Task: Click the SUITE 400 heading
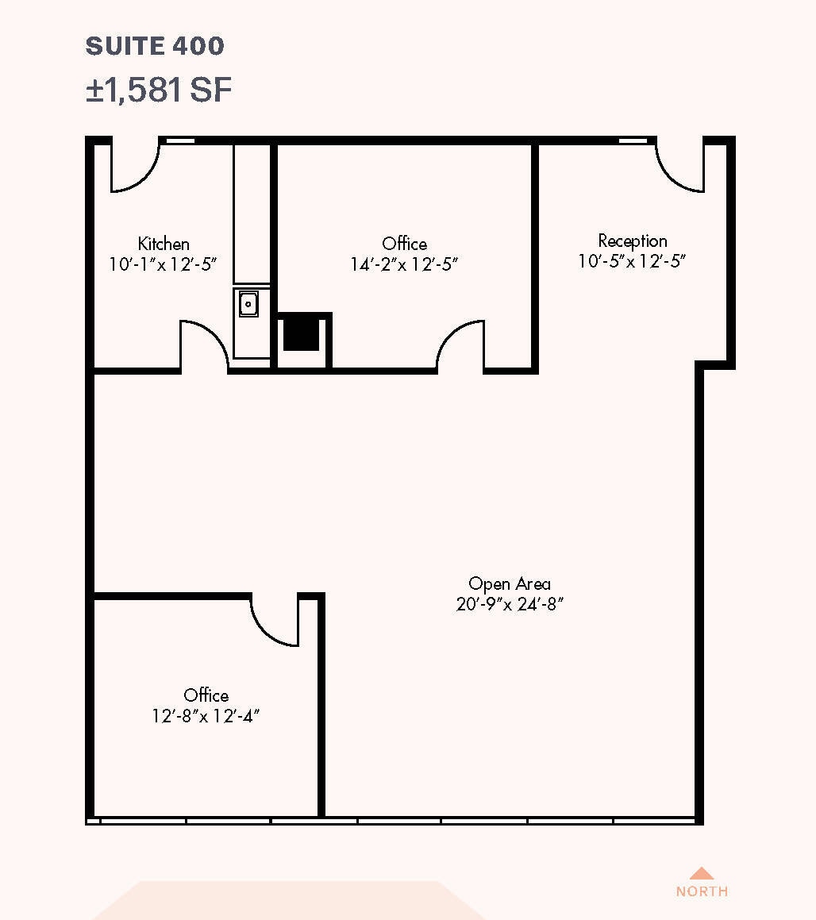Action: (155, 46)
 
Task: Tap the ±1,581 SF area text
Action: (159, 90)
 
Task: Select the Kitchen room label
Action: (164, 244)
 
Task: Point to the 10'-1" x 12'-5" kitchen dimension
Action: (164, 264)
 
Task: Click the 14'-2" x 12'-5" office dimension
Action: (404, 264)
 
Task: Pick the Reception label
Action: (633, 241)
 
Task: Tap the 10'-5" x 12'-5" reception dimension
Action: (632, 261)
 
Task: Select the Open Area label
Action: (510, 583)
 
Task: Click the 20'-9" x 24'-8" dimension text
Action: (510, 604)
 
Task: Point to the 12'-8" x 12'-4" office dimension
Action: (206, 716)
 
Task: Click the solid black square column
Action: (302, 333)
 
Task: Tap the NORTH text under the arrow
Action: (702, 891)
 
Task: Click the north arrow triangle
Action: (702, 872)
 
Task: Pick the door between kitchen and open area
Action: (205, 345)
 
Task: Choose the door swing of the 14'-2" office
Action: (460, 346)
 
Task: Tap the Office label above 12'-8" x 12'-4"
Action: (206, 695)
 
